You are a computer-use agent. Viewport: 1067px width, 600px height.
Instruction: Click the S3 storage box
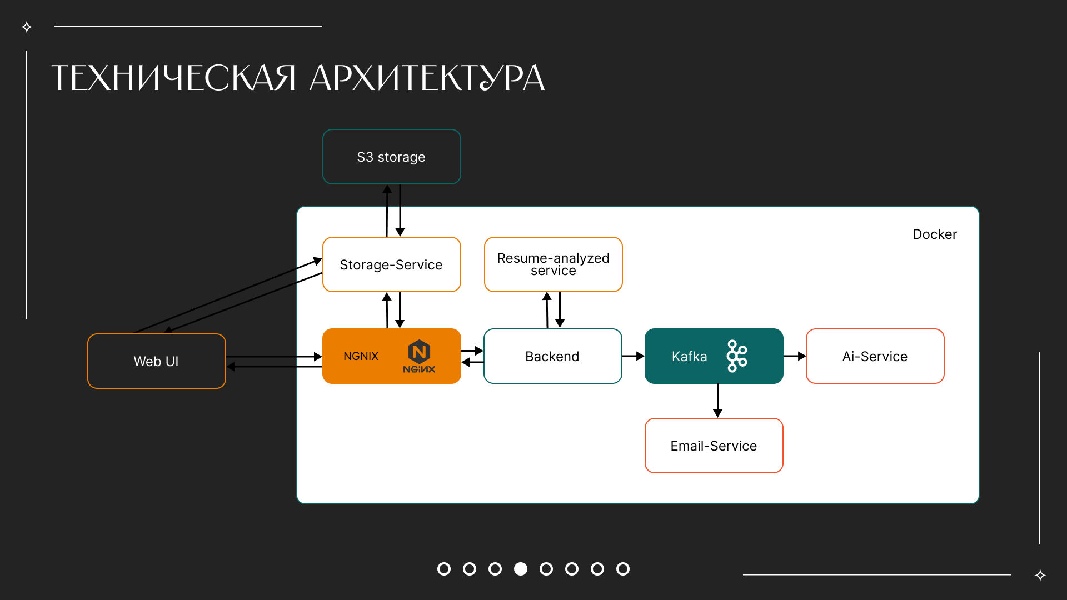(391, 157)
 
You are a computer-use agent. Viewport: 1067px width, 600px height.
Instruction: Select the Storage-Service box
(391, 264)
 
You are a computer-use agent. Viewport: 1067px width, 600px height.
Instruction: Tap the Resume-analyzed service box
(553, 264)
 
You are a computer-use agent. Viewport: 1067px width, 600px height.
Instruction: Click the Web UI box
(156, 361)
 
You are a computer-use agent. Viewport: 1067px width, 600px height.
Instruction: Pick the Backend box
(552, 356)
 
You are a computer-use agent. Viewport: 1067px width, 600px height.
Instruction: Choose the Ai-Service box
(875, 356)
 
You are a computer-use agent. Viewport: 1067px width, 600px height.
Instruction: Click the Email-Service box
(714, 446)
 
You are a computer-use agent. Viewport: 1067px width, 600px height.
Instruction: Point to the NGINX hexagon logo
(419, 352)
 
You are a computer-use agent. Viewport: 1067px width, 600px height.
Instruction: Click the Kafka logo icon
(737, 356)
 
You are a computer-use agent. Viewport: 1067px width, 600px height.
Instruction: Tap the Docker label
(935, 234)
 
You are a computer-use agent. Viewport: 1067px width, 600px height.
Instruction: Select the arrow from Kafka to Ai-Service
(795, 356)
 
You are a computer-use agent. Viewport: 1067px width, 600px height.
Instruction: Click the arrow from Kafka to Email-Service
(717, 401)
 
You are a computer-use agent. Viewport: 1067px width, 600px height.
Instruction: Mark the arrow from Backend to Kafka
(633, 356)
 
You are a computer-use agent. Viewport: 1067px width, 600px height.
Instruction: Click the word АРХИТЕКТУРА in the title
(427, 78)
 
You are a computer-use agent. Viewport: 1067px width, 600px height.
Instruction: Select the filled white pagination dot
(521, 569)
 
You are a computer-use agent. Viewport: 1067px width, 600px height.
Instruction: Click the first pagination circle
(444, 569)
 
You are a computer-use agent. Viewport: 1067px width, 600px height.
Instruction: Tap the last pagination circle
(623, 569)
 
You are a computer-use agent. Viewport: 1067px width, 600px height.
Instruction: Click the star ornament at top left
(27, 27)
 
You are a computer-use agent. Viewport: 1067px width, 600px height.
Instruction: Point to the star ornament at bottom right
(1040, 575)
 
